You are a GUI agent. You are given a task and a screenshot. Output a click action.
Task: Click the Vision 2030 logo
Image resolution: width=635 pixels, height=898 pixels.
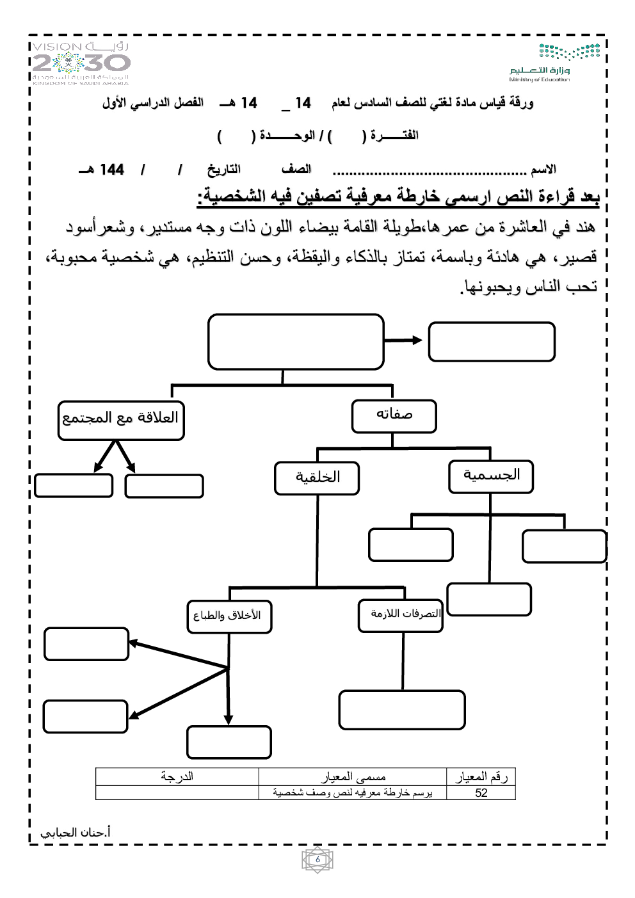click(x=81, y=63)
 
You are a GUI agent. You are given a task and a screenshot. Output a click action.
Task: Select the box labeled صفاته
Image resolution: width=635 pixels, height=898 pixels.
click(x=394, y=416)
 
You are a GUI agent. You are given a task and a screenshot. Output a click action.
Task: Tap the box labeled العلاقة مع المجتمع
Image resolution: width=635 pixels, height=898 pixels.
click(x=121, y=420)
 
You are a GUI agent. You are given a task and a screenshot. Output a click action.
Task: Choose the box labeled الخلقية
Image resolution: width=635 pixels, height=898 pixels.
click(x=317, y=478)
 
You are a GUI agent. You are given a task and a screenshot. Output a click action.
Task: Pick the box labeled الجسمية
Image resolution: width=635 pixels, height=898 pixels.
click(x=491, y=476)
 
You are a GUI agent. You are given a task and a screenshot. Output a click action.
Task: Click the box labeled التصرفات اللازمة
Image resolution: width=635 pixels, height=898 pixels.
click(x=401, y=615)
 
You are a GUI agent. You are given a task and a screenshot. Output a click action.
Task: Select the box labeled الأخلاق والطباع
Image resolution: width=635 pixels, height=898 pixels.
click(x=229, y=616)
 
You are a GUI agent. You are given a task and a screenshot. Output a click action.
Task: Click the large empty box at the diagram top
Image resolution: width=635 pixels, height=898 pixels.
click(x=296, y=341)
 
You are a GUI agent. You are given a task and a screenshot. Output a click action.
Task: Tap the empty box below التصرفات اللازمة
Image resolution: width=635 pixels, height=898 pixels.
click(x=401, y=710)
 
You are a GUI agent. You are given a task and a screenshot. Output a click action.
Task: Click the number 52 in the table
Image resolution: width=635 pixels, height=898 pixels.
click(x=481, y=793)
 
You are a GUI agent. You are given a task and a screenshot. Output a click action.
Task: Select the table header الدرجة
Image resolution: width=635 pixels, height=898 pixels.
click(x=177, y=776)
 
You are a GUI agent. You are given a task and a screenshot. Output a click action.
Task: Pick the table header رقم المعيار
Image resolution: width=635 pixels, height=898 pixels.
click(x=481, y=776)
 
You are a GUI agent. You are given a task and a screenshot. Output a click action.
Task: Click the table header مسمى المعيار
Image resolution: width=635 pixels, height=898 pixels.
click(x=353, y=776)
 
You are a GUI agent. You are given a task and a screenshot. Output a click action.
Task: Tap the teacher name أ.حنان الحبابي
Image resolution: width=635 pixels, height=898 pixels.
click(x=75, y=833)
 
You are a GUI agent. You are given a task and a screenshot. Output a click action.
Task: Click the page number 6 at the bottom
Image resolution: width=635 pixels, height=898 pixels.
click(x=317, y=860)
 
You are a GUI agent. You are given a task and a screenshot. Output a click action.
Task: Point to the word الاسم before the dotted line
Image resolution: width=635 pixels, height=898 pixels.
click(x=543, y=170)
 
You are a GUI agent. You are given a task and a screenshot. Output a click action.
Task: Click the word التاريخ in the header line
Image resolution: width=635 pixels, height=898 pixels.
click(x=223, y=169)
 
